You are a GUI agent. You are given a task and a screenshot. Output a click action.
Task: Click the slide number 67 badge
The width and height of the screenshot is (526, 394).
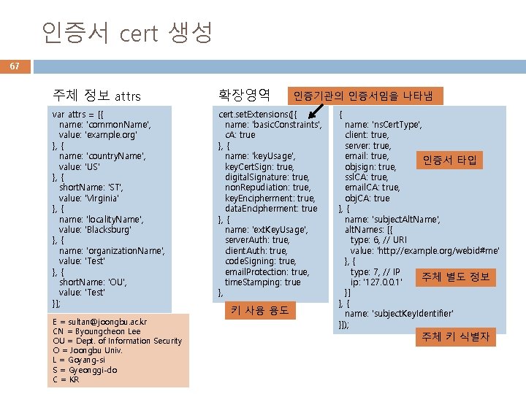[x=15, y=66]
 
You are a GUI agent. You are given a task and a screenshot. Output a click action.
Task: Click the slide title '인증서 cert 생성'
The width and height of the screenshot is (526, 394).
[x=126, y=32]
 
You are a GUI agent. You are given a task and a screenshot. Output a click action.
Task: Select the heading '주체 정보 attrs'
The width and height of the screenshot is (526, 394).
[x=97, y=96]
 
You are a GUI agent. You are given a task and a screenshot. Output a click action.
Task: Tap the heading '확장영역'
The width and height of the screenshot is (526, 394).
[x=244, y=94]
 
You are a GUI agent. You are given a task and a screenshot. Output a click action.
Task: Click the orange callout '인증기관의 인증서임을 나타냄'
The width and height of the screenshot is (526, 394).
[x=363, y=96]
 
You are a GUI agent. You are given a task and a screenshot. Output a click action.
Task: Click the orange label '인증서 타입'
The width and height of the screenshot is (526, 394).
[x=449, y=160]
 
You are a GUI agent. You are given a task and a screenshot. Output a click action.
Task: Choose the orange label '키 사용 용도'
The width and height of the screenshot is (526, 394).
[x=259, y=310]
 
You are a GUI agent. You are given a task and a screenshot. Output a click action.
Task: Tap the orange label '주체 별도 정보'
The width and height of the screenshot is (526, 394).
[x=454, y=277]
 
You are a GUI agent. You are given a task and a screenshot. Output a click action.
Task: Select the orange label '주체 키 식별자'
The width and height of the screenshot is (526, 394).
[x=454, y=336]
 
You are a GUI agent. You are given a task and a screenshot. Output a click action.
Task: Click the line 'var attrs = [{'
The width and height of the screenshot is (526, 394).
[x=82, y=115]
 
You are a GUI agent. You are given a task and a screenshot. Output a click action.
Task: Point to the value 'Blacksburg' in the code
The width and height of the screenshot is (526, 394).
[x=109, y=229]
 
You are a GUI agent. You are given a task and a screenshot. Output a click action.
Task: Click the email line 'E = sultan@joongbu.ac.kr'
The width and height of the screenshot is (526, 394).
[x=100, y=322]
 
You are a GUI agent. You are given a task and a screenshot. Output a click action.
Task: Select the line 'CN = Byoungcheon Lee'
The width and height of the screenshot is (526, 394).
[x=96, y=331]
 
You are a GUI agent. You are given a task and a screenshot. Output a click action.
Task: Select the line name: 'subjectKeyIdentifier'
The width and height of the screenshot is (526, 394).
[x=399, y=314]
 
